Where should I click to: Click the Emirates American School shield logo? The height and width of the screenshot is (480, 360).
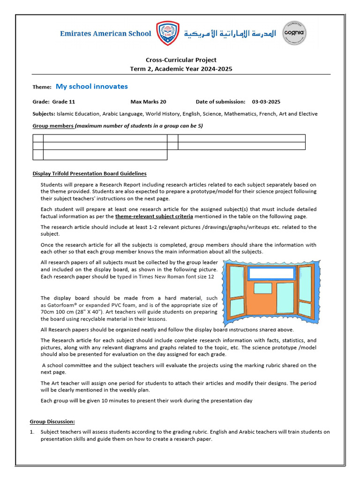coord(167,33)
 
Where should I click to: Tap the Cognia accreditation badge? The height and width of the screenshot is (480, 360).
coord(294,33)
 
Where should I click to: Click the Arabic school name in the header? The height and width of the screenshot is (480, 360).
coord(230,33)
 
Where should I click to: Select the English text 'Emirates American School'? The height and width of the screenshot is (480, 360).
coord(106,33)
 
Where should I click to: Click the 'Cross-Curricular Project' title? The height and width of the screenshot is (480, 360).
coord(181,60)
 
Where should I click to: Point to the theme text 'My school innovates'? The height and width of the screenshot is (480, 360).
coord(92,86)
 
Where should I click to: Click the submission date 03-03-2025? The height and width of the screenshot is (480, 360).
coord(266,102)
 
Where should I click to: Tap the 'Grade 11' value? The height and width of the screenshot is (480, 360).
coord(63,102)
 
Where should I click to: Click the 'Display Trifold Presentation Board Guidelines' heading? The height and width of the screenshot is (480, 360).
coord(90,173)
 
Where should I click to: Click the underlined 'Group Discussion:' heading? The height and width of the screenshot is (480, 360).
coord(52,421)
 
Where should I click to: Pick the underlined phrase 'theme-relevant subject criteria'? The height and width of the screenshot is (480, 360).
coord(154,216)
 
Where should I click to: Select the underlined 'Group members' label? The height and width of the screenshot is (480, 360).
coord(53,126)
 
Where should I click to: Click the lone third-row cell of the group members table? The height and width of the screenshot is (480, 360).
coord(105,155)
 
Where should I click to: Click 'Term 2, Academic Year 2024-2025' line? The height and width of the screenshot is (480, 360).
coord(181,69)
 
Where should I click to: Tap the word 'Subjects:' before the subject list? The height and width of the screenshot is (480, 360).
coord(44,113)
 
